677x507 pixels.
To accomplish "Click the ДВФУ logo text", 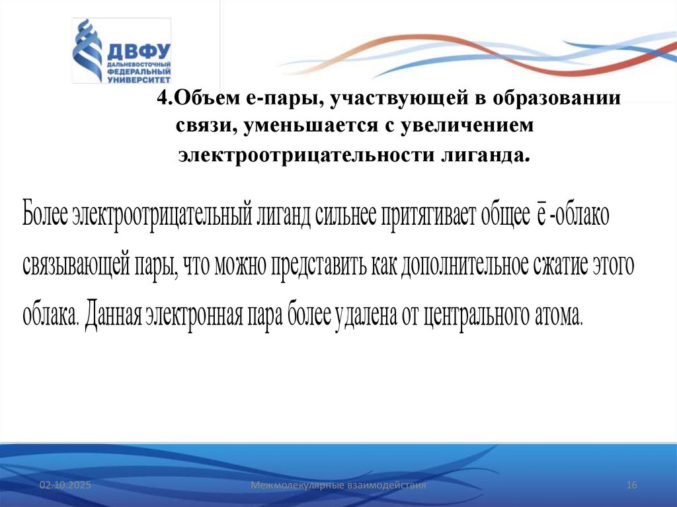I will click(137, 51).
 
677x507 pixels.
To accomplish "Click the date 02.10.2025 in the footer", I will click(64, 486).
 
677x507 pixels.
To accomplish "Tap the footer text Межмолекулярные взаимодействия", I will click(338, 486).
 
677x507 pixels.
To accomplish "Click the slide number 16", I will click(631, 486).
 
